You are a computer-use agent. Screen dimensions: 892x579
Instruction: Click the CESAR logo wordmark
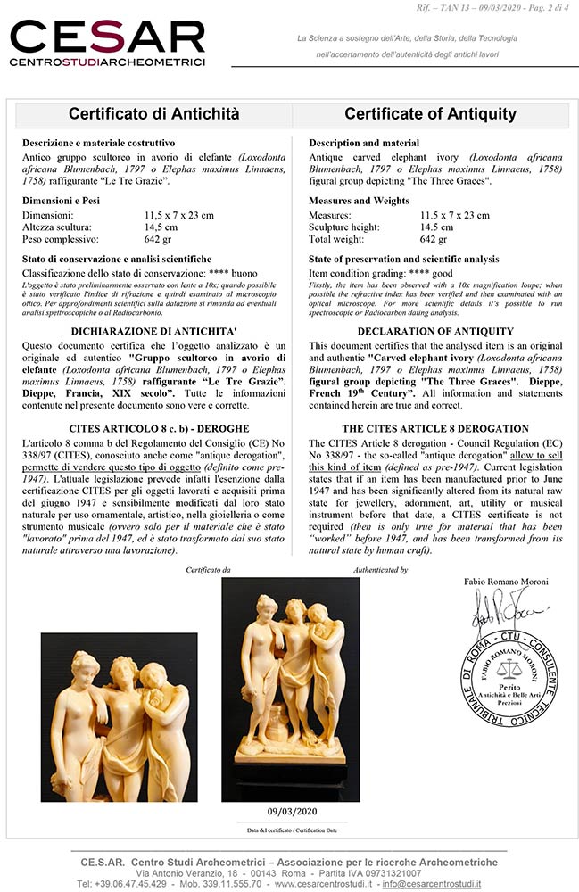107,37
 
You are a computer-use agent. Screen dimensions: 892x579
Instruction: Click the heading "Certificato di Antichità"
154,114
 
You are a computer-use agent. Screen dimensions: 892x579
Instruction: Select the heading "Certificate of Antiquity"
430,114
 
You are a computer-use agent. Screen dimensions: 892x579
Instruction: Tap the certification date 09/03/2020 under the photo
291,811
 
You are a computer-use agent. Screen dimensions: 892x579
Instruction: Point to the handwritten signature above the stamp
499,615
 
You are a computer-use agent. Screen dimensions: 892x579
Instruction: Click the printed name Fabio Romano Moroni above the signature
506,582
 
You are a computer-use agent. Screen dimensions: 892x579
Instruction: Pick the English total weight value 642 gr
434,239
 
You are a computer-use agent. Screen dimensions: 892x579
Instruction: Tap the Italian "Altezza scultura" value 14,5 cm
161,227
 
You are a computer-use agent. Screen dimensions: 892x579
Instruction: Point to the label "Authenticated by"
381,569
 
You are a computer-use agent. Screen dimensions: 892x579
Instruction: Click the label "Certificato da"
208,569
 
